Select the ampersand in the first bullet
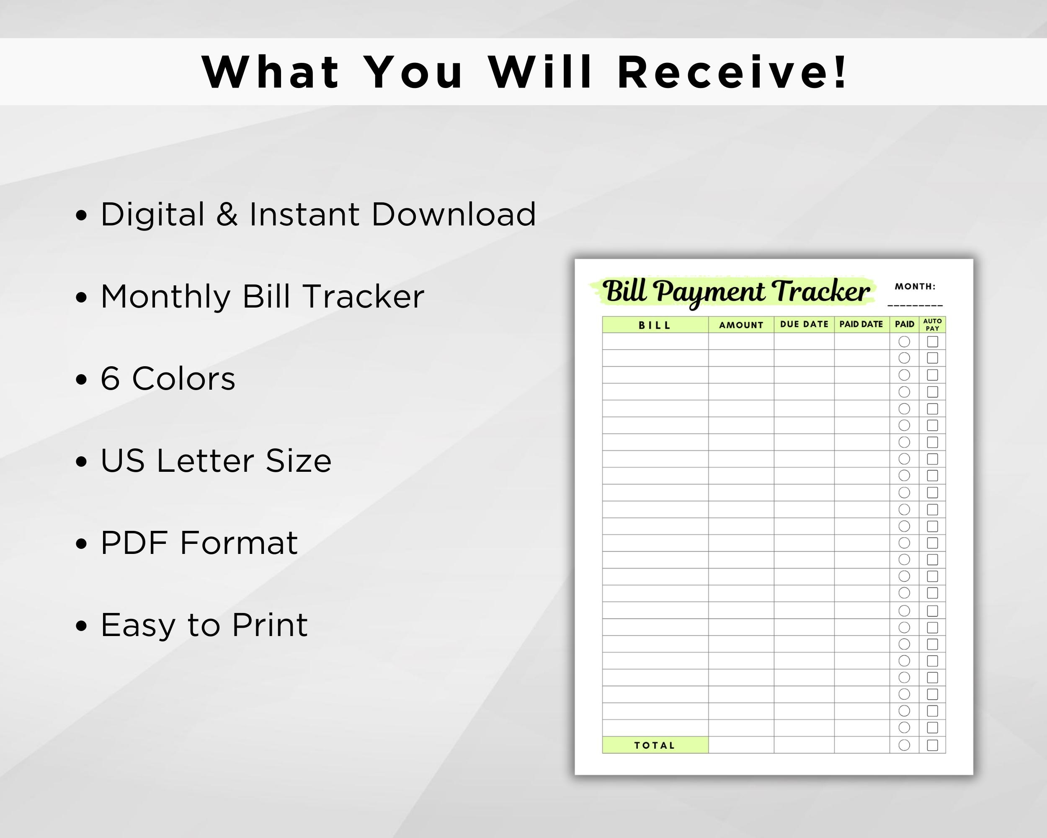pyautogui.click(x=227, y=214)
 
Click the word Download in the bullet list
pyautogui.click(x=454, y=214)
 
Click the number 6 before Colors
pyautogui.click(x=110, y=379)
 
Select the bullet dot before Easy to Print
pyautogui.click(x=81, y=626)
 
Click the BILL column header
pyautogui.click(x=655, y=325)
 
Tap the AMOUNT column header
pyautogui.click(x=741, y=325)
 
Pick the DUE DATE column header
pyautogui.click(x=804, y=324)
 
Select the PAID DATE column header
pyautogui.click(x=861, y=324)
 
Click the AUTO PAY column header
pyautogui.click(x=932, y=324)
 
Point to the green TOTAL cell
pyautogui.click(x=655, y=745)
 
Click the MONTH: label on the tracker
pyautogui.click(x=915, y=287)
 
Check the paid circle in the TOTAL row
pyautogui.click(x=904, y=745)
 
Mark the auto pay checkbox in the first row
pyautogui.click(x=932, y=341)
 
